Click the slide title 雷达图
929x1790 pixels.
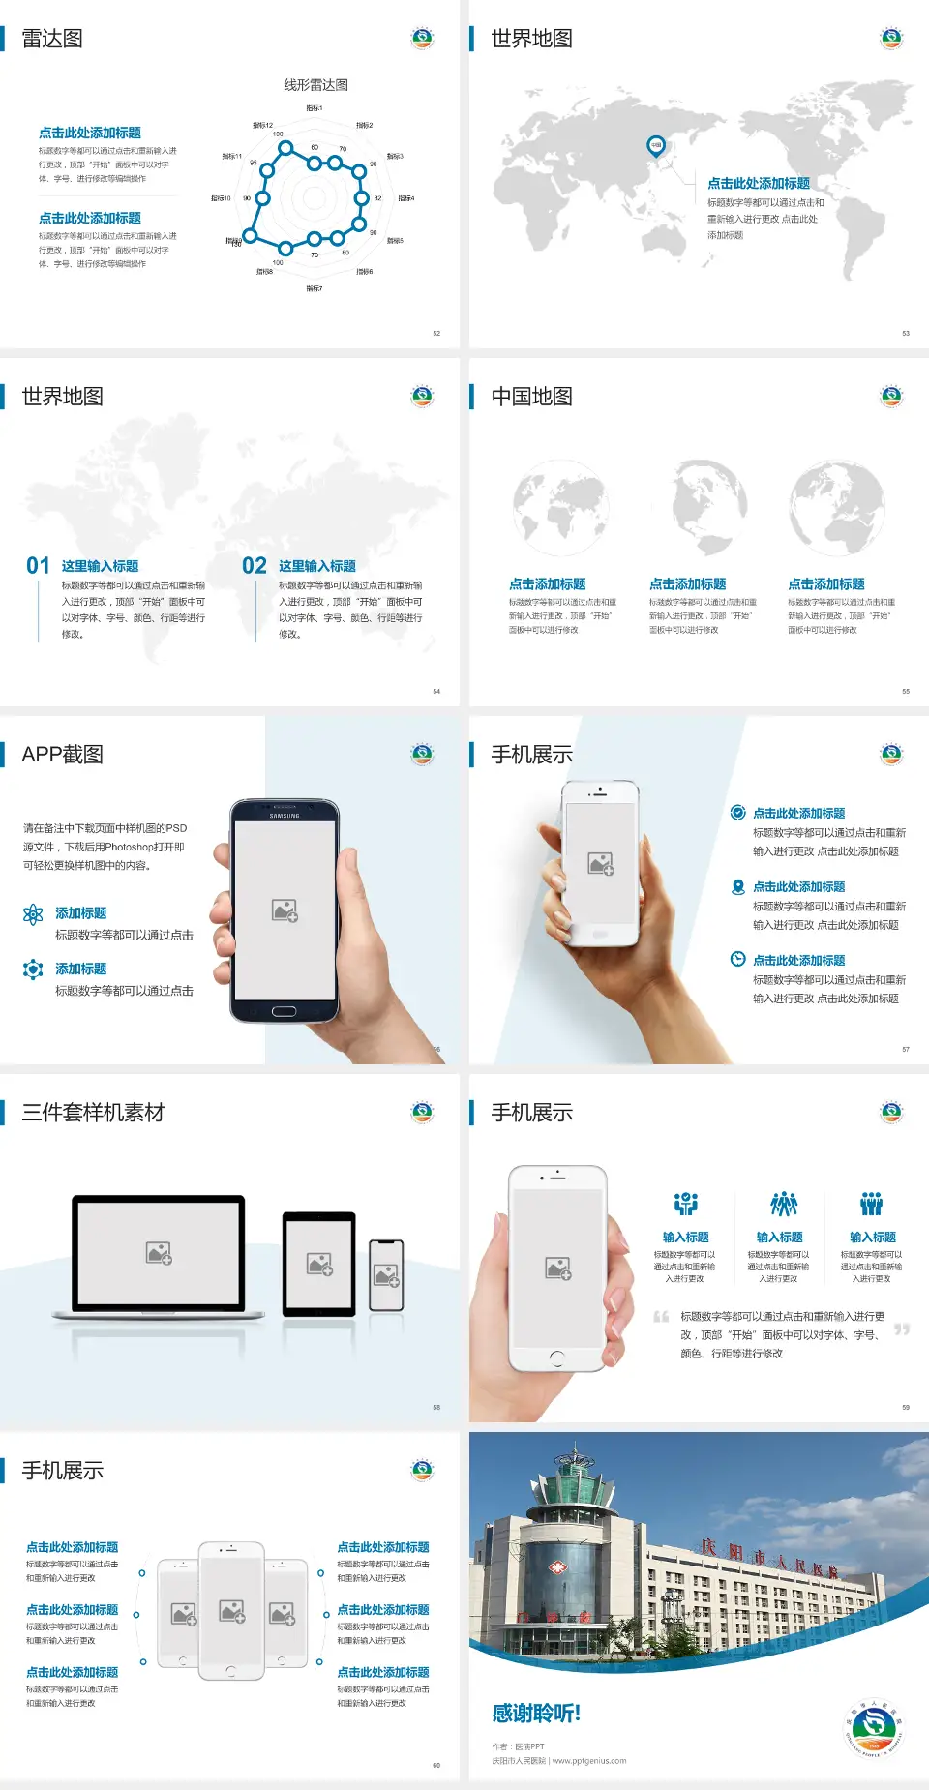(x=52, y=39)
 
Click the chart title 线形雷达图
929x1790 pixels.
(x=315, y=85)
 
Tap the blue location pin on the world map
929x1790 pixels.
(x=655, y=146)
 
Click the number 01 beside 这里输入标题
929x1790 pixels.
(x=38, y=566)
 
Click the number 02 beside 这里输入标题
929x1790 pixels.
(x=255, y=566)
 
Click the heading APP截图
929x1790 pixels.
(x=62, y=755)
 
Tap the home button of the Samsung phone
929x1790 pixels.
(x=284, y=1011)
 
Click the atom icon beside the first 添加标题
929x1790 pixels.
(x=33, y=914)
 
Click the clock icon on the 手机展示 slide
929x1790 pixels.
(x=737, y=959)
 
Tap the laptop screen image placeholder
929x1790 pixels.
(x=159, y=1253)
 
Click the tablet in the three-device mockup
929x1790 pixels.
(x=319, y=1263)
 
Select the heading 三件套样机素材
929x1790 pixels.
(x=93, y=1113)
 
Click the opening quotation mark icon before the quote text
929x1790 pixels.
(x=661, y=1316)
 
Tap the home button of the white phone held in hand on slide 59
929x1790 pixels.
(x=556, y=1358)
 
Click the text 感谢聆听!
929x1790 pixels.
(x=536, y=1714)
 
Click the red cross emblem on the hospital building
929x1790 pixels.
(x=557, y=1567)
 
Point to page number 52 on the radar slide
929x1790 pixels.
(x=436, y=333)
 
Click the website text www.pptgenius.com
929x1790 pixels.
(x=589, y=1761)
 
